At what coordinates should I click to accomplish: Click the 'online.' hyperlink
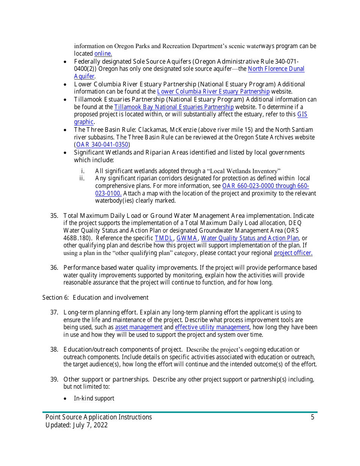click(103, 54)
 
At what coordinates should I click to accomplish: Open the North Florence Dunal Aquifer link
click(276, 69)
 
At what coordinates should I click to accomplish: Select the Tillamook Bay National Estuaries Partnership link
click(174, 107)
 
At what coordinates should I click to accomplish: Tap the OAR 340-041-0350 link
click(102, 145)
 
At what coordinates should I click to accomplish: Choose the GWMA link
click(187, 238)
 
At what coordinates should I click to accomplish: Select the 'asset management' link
click(139, 327)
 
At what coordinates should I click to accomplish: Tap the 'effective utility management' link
click(212, 327)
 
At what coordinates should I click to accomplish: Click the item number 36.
click(54, 268)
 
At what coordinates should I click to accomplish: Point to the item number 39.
click(54, 380)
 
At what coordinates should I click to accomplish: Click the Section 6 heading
click(95, 298)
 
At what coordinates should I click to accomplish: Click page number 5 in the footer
click(313, 418)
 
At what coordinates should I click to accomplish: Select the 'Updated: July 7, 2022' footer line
click(77, 425)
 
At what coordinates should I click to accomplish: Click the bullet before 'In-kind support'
click(66, 399)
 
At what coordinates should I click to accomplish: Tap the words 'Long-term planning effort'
click(100, 313)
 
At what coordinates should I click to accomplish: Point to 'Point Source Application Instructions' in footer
click(99, 418)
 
